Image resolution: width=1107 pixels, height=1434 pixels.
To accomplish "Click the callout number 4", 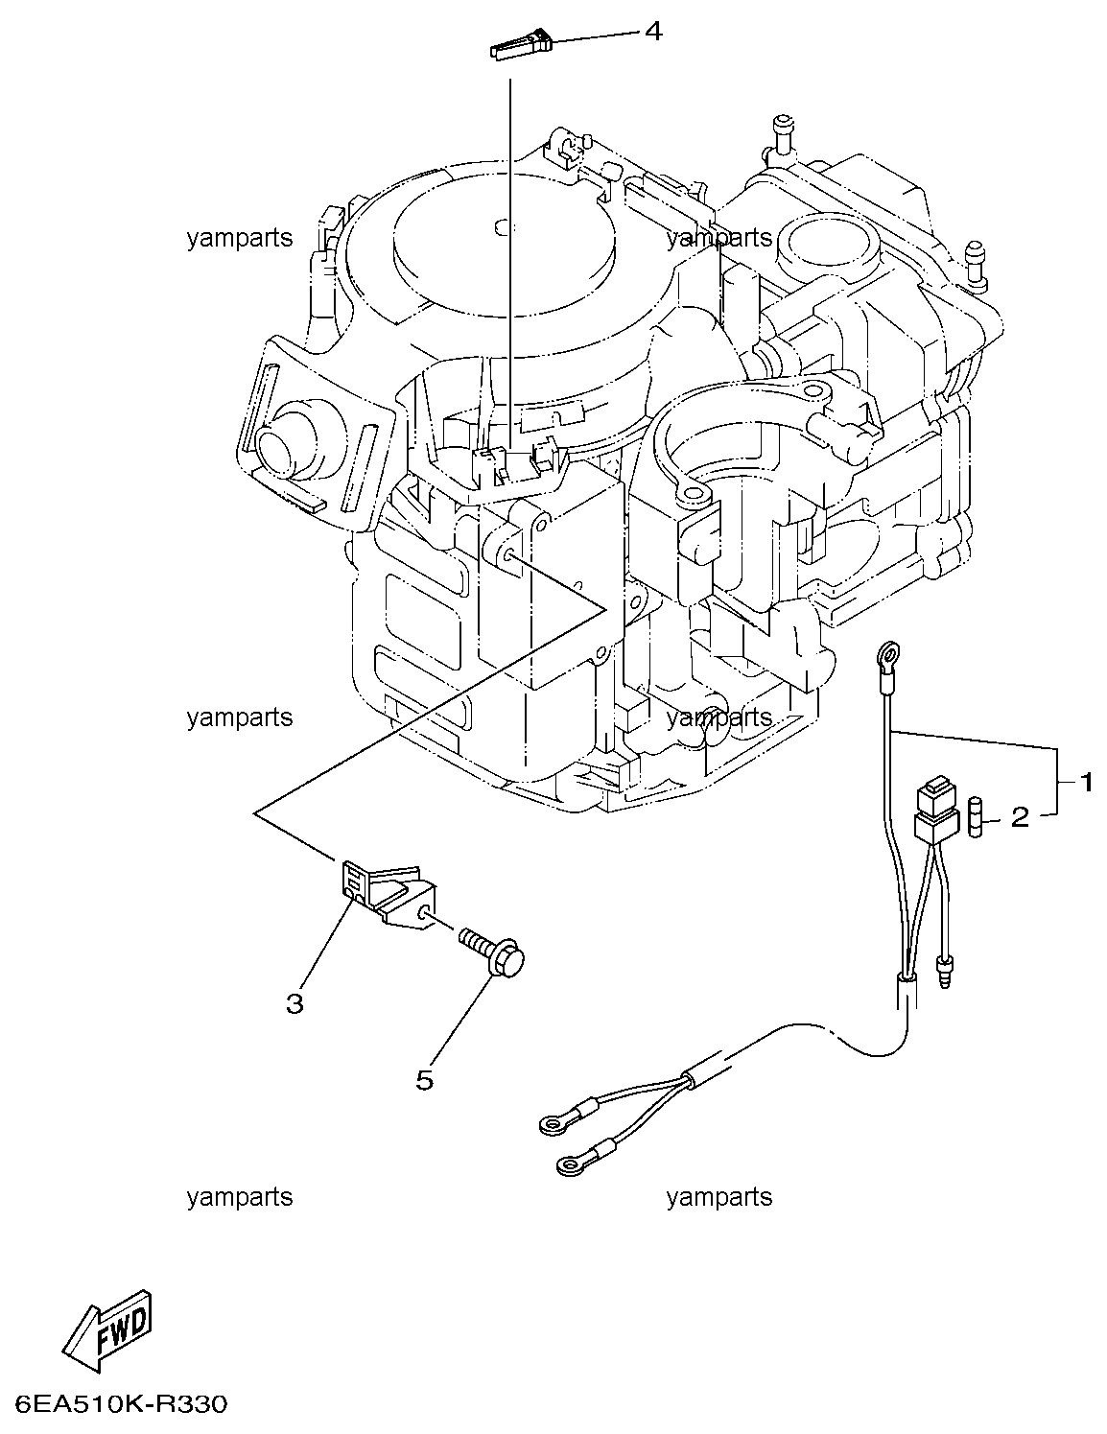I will [652, 32].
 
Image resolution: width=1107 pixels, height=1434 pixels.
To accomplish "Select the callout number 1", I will [1086, 783].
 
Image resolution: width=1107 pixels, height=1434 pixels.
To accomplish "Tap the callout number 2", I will [1019, 817].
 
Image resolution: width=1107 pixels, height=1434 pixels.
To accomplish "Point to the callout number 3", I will [294, 1003].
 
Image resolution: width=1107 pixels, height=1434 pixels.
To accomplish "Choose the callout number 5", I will [424, 1080].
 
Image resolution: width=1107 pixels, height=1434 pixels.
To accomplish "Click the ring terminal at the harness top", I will [888, 657].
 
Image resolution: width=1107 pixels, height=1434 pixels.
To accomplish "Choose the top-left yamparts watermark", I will [240, 238].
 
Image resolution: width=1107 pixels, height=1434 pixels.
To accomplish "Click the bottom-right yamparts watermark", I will [718, 1197].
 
